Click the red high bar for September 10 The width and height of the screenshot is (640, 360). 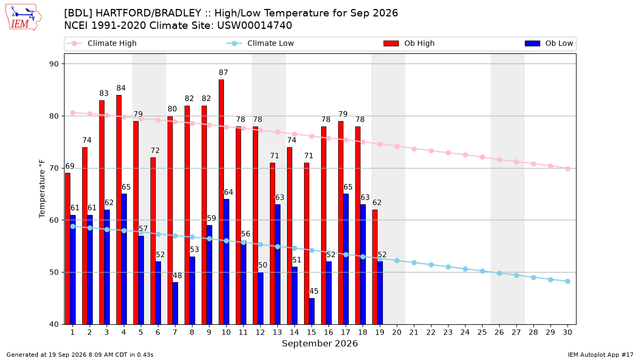click(221, 202)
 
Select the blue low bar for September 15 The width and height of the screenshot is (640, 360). click(311, 311)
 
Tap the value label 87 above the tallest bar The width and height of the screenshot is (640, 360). click(223, 73)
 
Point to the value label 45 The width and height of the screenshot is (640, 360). click(314, 291)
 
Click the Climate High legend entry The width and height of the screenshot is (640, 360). click(102, 43)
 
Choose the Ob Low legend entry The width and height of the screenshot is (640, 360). click(549, 43)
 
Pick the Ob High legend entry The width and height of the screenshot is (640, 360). click(409, 43)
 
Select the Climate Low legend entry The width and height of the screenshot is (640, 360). click(260, 43)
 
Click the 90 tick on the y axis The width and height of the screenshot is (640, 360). click(54, 64)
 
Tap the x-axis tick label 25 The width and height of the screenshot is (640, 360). click(482, 332)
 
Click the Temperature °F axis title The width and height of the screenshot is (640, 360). click(42, 189)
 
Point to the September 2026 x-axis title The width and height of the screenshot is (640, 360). click(319, 343)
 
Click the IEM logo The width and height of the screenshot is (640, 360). click(23, 18)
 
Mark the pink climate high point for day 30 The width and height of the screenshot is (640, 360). click(567, 169)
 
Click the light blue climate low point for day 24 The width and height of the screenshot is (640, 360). click(465, 269)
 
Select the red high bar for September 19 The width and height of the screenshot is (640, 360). click(375, 267)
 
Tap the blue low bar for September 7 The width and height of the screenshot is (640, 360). click(175, 303)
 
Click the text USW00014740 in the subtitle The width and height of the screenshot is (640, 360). click(254, 26)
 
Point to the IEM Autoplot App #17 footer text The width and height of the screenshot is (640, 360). click(601, 355)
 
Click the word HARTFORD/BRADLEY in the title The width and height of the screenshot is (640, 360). click(148, 13)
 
